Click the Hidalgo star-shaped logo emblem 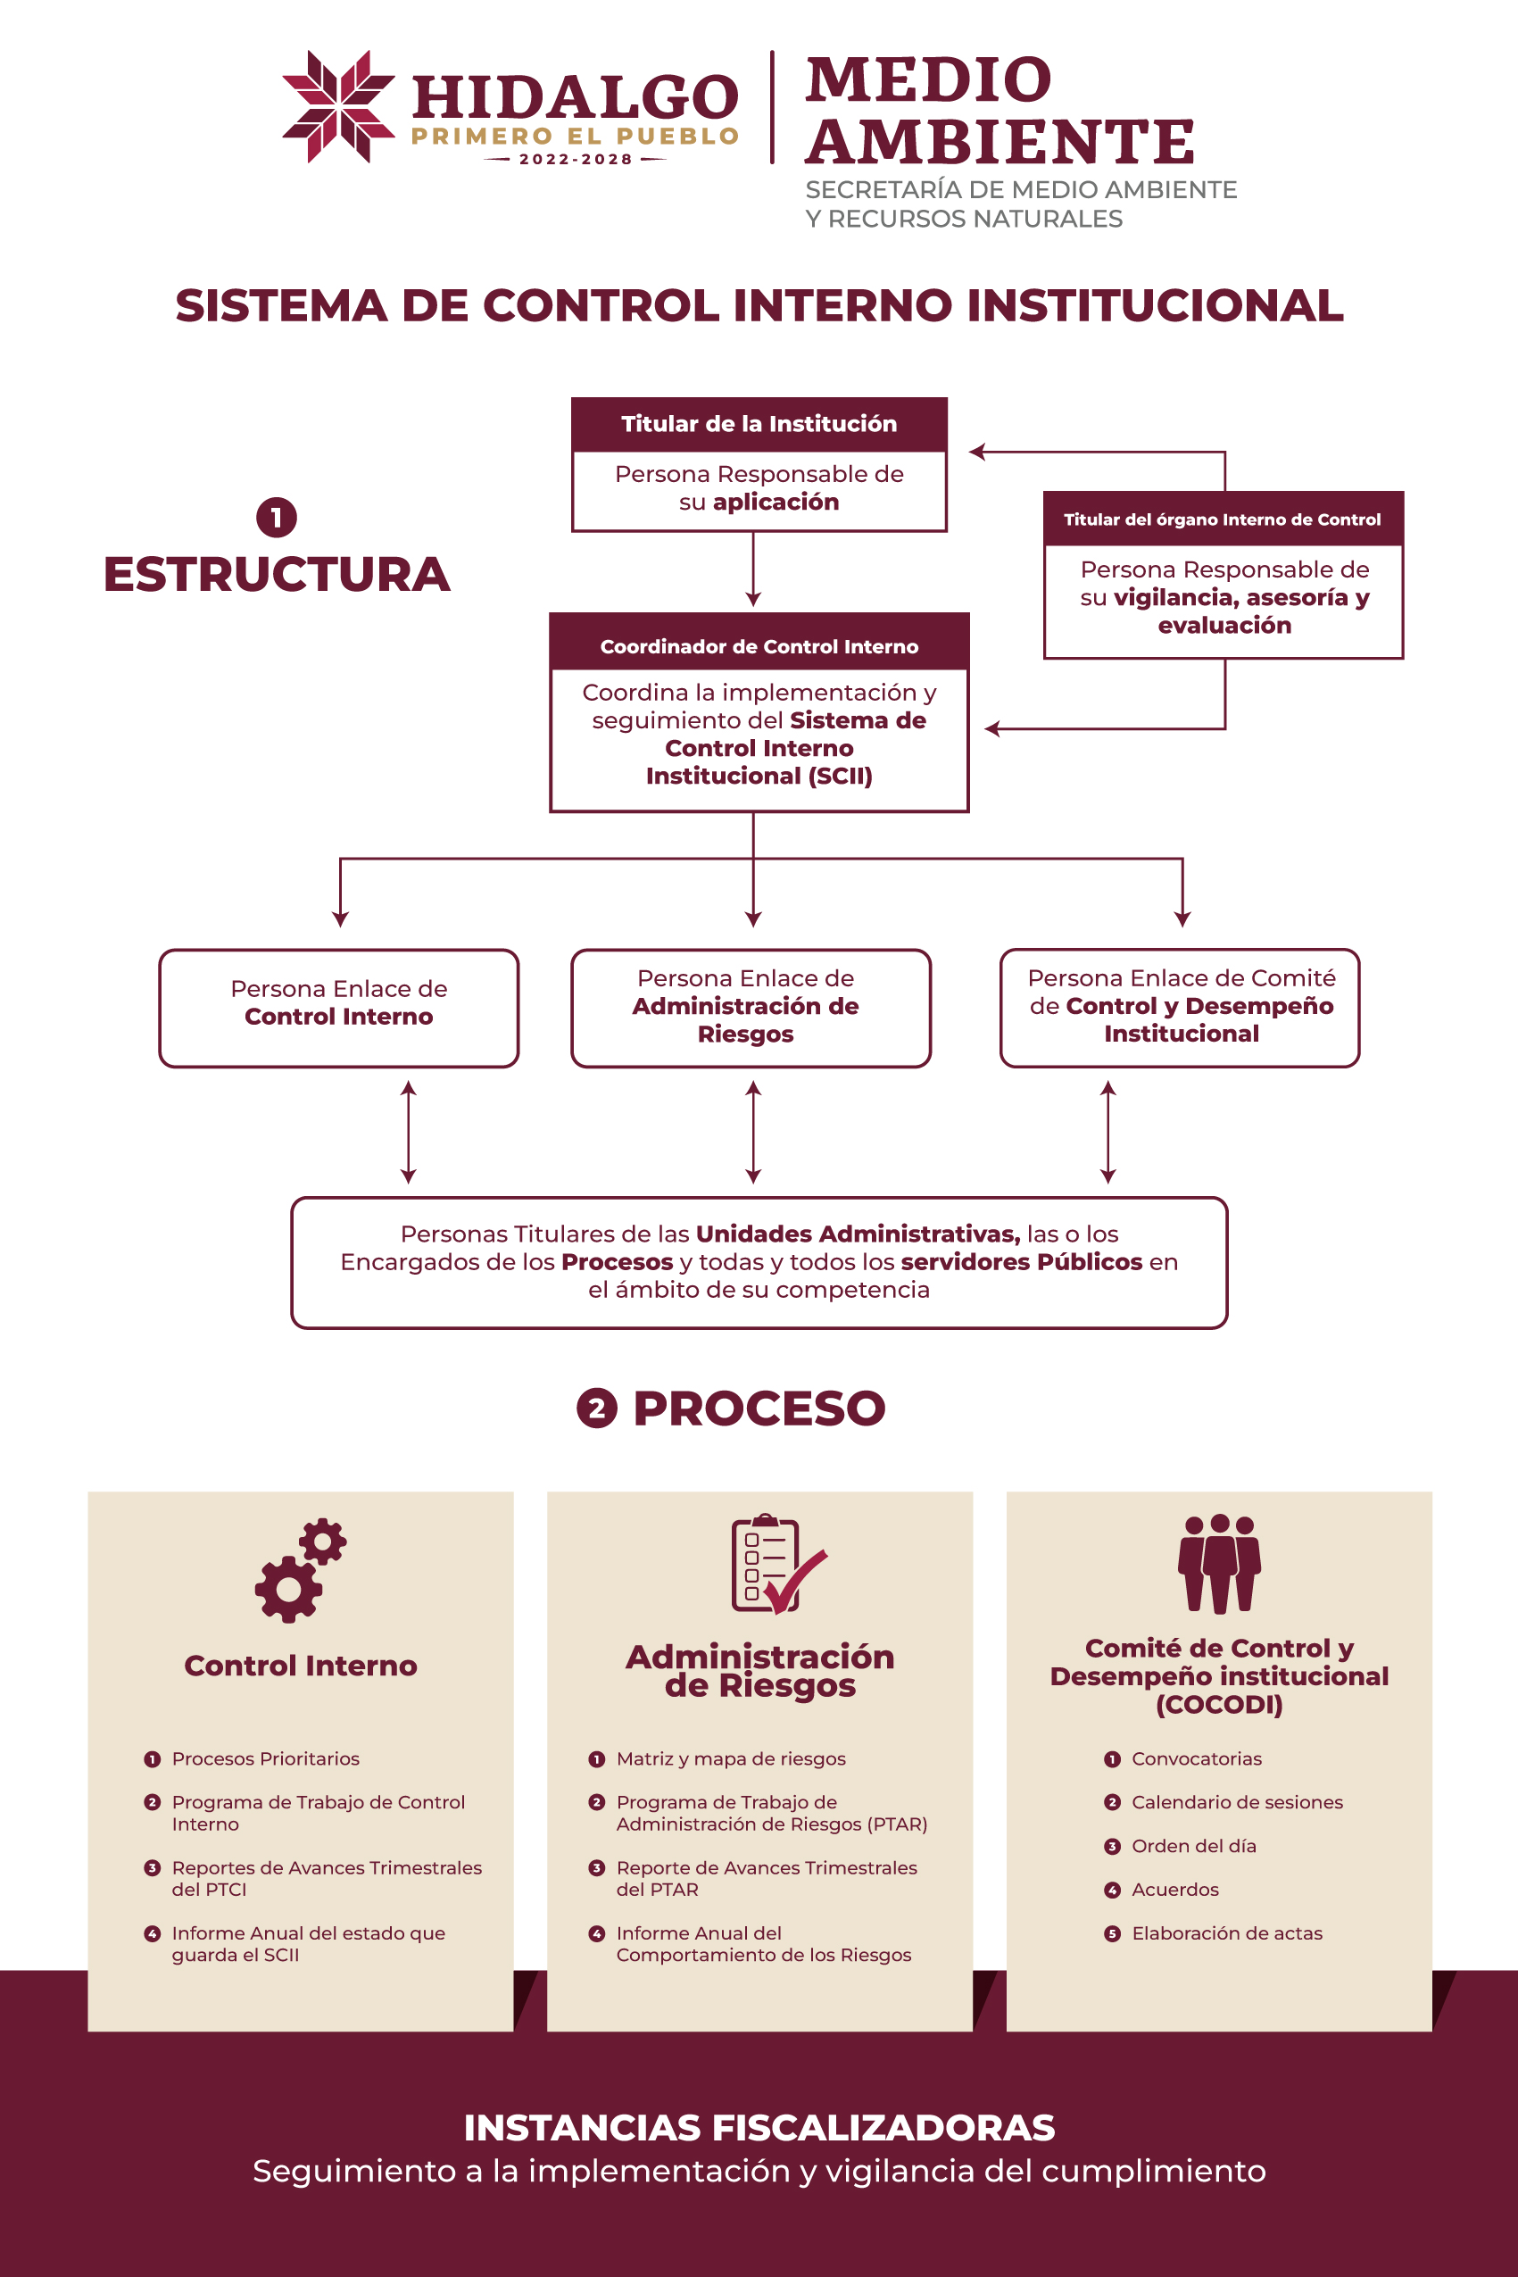[338, 106]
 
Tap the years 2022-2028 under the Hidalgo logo [575, 160]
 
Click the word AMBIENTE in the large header [1000, 142]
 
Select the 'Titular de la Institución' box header [758, 424]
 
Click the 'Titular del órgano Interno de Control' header [1222, 519]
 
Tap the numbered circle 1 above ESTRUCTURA [276, 517]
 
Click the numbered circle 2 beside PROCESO [596, 1409]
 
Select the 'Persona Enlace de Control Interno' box [339, 1007]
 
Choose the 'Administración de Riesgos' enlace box [751, 1007]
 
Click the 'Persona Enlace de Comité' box [1180, 1007]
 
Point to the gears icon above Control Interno [300, 1569]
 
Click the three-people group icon [1219, 1564]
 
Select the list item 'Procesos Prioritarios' [265, 1759]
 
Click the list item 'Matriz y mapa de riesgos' [731, 1759]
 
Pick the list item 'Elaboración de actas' [1226, 1933]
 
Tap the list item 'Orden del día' [1194, 1846]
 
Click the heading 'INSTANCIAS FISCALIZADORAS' [759, 2128]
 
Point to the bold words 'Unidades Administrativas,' [858, 1234]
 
